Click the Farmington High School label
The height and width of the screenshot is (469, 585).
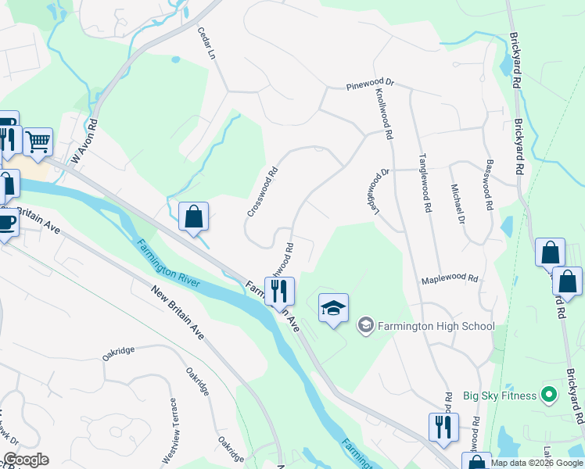click(436, 325)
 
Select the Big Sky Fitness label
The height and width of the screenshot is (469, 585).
click(499, 396)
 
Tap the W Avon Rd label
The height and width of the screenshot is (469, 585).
click(85, 141)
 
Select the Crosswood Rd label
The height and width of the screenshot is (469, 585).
click(263, 191)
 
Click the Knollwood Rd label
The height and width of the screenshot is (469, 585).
click(384, 113)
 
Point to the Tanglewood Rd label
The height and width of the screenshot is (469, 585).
click(427, 184)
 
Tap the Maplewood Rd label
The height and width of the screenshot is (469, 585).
click(449, 278)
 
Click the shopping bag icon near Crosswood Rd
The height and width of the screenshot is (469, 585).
click(193, 217)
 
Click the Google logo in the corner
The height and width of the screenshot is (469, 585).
click(26, 460)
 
